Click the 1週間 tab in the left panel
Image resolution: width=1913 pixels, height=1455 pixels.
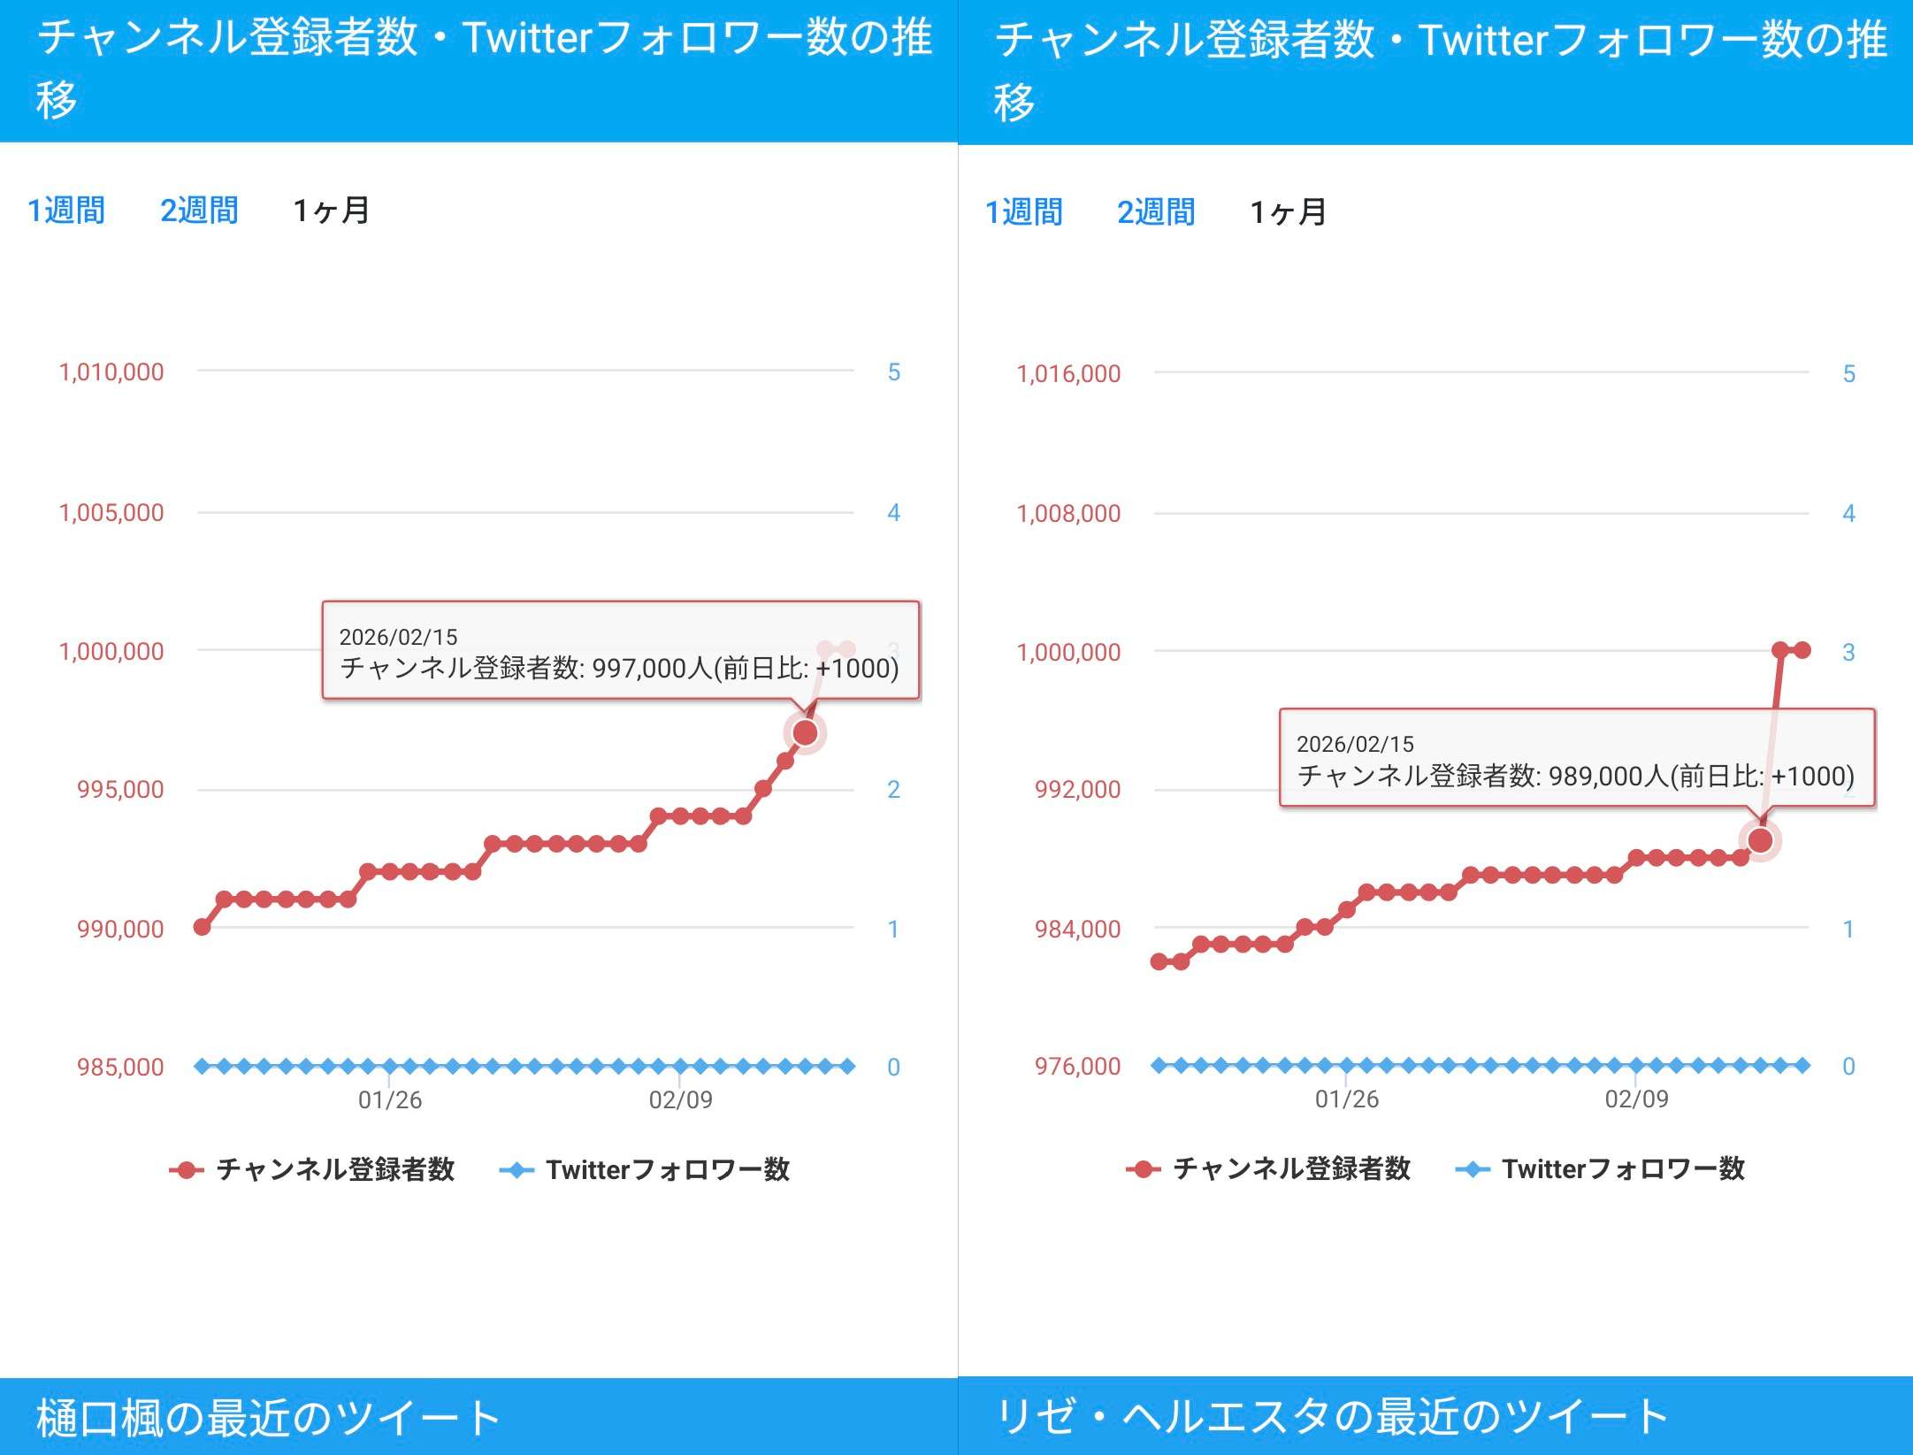66,211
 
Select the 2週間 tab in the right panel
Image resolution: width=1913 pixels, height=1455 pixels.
1156,212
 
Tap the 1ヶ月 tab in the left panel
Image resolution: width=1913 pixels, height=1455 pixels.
332,211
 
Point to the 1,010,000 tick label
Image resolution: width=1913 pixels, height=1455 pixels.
111,372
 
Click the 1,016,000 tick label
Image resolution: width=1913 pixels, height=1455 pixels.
1068,374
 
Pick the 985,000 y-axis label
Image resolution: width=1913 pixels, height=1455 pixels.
120,1067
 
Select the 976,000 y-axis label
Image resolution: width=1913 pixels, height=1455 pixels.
1077,1066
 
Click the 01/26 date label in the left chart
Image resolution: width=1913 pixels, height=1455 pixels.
390,1099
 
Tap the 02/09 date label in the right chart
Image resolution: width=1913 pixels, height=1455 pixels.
1637,1099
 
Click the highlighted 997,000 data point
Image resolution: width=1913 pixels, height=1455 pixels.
805,732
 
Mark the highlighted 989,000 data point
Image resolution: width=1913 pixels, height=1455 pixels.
1760,840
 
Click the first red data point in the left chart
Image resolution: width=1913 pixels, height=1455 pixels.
202,926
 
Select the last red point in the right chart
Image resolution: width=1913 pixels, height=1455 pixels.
1802,650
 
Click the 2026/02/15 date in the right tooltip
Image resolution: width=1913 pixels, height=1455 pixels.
1355,744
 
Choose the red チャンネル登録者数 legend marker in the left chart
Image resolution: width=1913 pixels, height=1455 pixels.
187,1170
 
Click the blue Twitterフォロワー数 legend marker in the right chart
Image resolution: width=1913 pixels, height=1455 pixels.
1473,1169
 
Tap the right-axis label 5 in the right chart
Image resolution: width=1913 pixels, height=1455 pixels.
1848,374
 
